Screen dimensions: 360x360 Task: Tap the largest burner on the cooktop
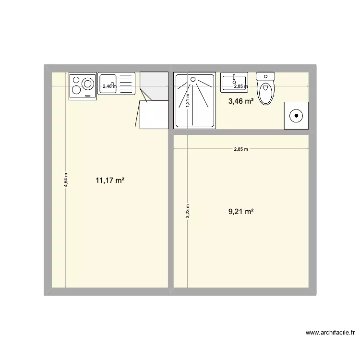pos(87,84)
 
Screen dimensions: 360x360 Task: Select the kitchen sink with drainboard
pos(117,84)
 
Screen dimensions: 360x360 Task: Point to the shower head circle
pos(193,79)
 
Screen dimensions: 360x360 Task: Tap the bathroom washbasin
pos(234,82)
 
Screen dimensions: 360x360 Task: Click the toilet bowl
pos(265,92)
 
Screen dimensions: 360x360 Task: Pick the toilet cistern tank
pos(265,76)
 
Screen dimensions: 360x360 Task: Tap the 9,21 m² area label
pos(241,211)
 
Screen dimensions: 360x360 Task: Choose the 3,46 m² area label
pos(241,101)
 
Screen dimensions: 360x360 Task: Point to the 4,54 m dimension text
pos(66,181)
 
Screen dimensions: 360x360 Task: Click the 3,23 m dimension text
pos(188,211)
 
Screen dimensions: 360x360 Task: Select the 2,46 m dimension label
pos(109,86)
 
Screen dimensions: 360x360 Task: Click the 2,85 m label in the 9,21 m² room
pos(241,149)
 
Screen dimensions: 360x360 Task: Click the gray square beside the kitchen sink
pos(154,86)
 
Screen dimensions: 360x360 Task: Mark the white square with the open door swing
pos(154,115)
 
